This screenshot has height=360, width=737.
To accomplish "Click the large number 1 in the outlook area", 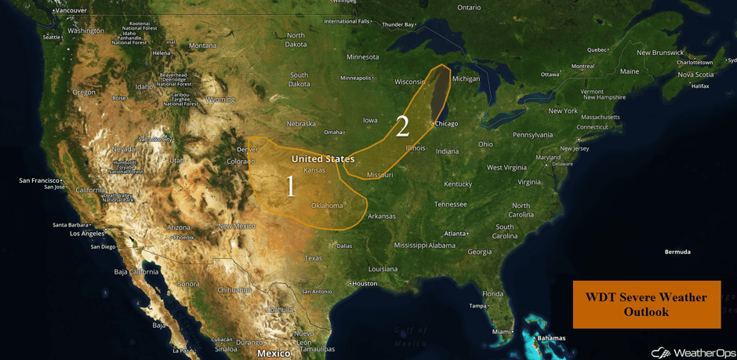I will [291, 186].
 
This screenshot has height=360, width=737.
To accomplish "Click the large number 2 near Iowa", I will [402, 126].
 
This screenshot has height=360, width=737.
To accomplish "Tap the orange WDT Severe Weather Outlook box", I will [646, 304].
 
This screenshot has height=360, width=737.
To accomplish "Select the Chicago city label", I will [446, 124].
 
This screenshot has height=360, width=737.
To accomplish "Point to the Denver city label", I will [247, 149].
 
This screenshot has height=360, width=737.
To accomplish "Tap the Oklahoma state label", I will [327, 206].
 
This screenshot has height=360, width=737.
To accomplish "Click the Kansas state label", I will [314, 170].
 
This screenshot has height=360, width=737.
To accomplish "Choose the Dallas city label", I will [343, 246].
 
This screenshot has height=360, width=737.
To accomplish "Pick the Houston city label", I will [365, 284].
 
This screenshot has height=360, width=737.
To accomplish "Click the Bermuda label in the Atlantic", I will [677, 252].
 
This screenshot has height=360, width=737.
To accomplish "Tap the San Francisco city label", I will [40, 180].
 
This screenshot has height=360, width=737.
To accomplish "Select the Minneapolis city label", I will [356, 78].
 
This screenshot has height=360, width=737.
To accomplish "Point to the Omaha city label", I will [333, 132].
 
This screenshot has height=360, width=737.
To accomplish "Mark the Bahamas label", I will [551, 339].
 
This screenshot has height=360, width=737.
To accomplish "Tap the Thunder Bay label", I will [398, 24].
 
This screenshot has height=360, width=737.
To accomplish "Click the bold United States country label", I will [323, 158].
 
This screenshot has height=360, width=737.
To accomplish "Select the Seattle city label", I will [52, 37].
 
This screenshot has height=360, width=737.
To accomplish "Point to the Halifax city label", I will [700, 85].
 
